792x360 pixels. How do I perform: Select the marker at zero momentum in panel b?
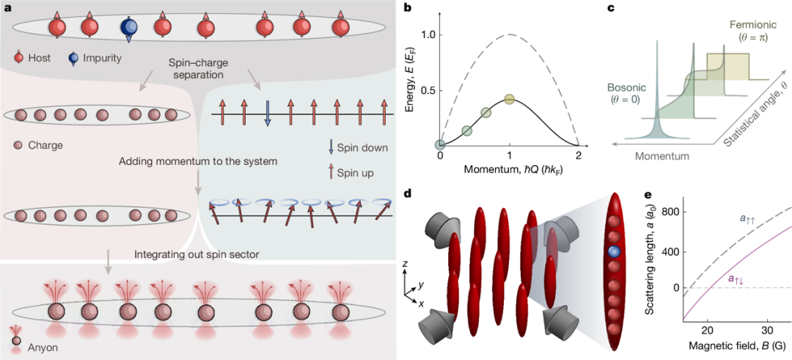(441, 145)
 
